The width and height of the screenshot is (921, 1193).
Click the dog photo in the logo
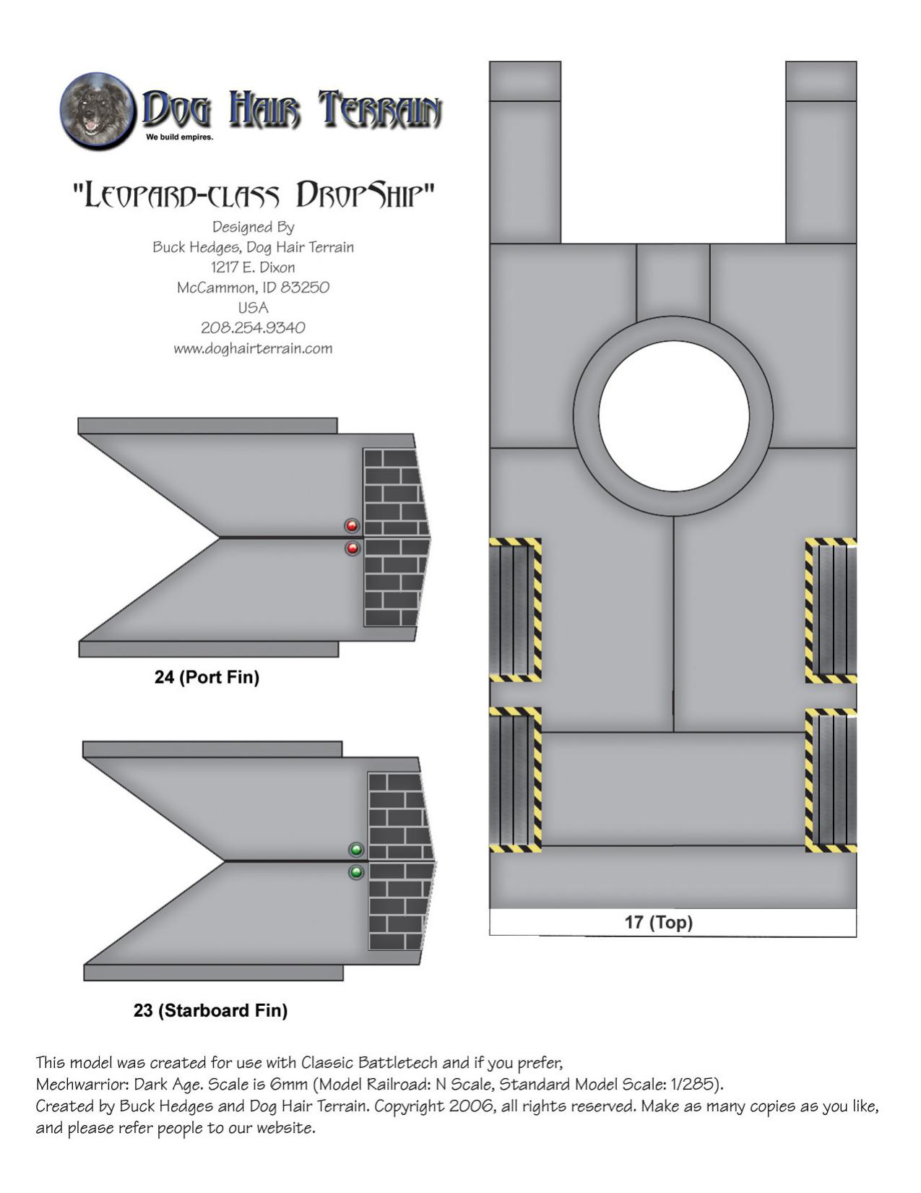point(97,111)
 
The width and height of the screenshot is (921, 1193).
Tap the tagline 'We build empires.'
point(179,137)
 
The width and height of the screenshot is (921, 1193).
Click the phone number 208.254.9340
point(253,328)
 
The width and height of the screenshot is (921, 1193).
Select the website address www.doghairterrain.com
point(253,348)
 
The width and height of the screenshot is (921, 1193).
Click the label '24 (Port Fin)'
point(207,677)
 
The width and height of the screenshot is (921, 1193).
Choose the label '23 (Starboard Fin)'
point(211,1010)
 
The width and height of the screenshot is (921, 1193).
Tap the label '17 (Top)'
point(659,922)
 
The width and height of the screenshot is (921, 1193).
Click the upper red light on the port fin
point(352,526)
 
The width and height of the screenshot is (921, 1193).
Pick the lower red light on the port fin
point(353,548)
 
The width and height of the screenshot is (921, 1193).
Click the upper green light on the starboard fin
point(356,850)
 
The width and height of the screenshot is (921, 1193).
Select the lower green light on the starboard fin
point(356,872)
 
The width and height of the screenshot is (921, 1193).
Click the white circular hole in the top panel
point(674,415)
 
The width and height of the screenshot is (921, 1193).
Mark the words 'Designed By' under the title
point(253,228)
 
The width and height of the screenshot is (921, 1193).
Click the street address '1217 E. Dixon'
point(253,267)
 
